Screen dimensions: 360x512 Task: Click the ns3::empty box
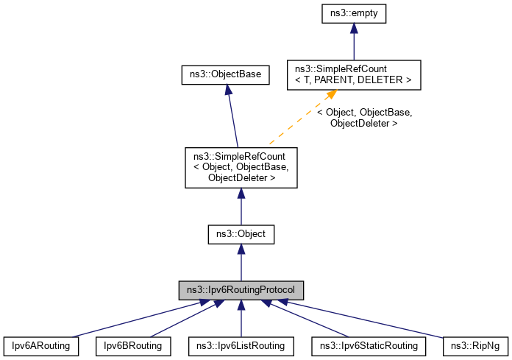354,13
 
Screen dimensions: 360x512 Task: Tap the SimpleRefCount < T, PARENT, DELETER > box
354,75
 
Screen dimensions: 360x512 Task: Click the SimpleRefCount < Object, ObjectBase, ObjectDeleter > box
241,167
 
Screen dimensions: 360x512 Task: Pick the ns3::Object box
241,235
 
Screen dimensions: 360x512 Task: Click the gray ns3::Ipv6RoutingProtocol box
241,289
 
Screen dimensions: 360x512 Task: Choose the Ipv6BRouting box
133,345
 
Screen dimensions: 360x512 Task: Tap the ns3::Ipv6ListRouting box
241,345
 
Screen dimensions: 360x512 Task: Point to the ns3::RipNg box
475,345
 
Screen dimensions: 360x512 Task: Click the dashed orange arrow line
298,121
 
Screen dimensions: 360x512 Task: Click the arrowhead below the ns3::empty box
354,28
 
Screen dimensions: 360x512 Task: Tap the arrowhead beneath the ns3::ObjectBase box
229,90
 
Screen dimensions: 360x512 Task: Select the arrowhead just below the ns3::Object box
241,251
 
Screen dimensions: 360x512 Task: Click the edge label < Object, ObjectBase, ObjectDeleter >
364,118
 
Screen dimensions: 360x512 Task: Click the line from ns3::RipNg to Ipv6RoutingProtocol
368,319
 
